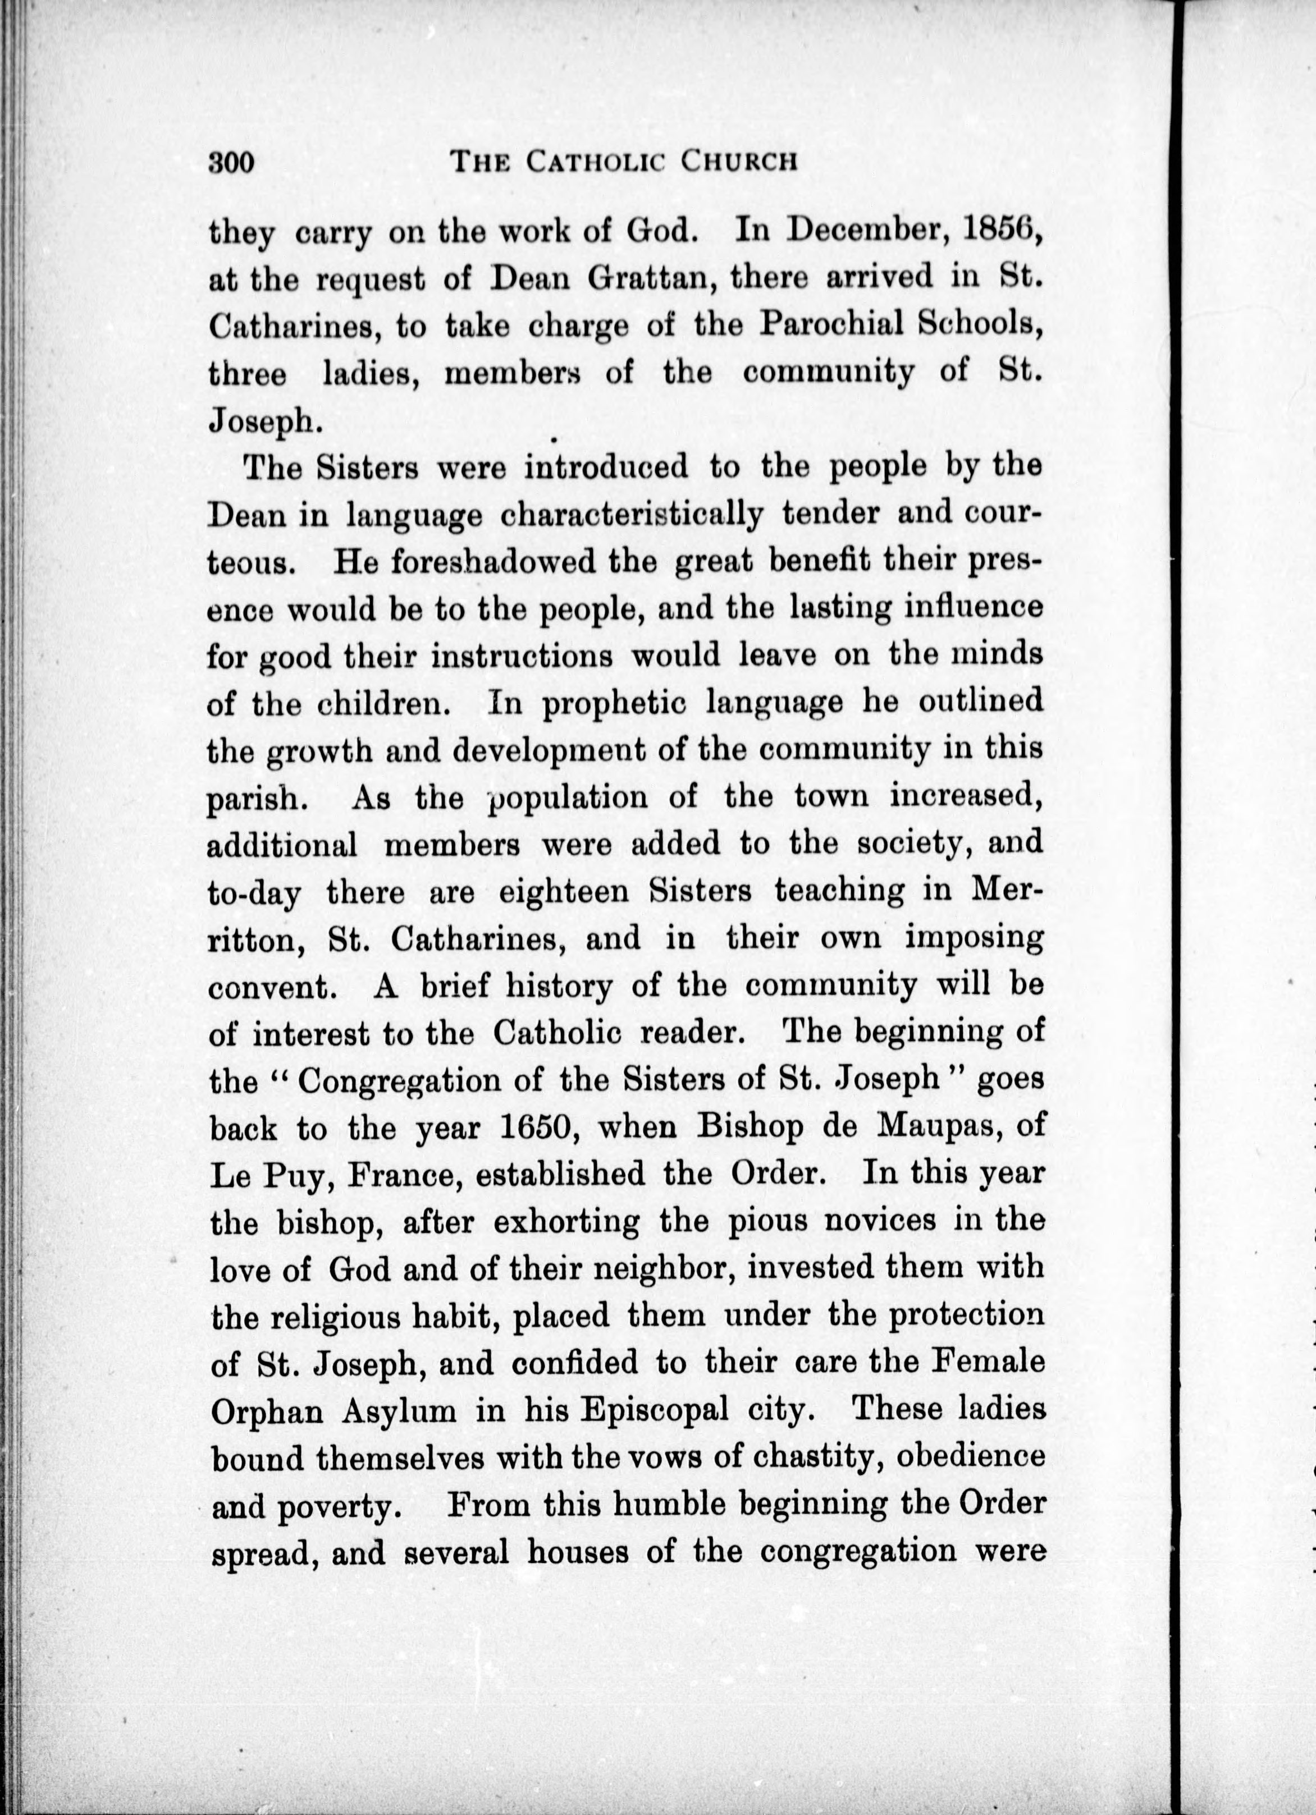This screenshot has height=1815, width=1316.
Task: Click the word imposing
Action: tap(974, 938)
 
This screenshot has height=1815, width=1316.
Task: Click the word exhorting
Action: tap(566, 1222)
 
